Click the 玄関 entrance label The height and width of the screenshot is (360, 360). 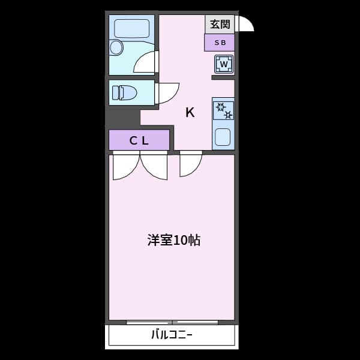(x=219, y=25)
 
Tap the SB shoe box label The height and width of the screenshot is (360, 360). (x=219, y=43)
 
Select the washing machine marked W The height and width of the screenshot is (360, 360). (x=224, y=64)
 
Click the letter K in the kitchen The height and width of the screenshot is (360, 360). (x=190, y=112)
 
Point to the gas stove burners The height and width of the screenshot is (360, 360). (x=223, y=110)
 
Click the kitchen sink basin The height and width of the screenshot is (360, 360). (x=223, y=137)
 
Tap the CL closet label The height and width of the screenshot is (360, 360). (x=139, y=140)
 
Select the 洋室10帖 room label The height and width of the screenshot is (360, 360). (x=173, y=241)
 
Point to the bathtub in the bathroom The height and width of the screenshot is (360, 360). (x=131, y=28)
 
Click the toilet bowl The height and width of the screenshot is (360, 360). (x=128, y=92)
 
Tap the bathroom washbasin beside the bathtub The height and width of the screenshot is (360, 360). (x=116, y=47)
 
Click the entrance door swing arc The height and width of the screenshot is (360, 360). (x=245, y=23)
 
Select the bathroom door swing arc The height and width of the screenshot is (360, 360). (x=146, y=62)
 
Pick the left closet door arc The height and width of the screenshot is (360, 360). (x=125, y=167)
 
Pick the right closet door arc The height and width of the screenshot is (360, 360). (x=154, y=167)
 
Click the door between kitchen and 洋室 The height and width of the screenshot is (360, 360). (x=190, y=164)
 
